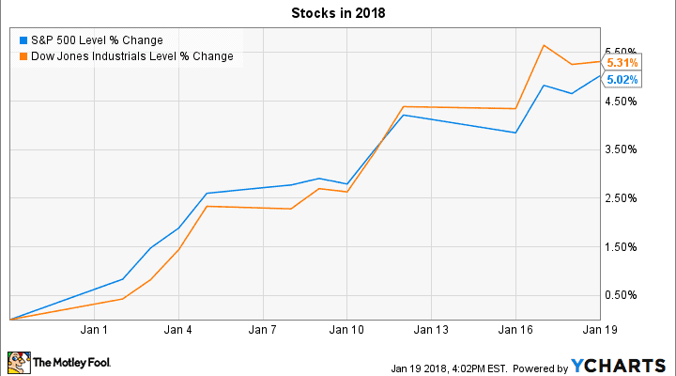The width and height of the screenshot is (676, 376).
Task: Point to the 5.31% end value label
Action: click(622, 63)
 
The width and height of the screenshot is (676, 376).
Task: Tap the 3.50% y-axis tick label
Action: click(622, 150)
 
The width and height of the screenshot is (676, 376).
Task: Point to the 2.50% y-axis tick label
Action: click(622, 198)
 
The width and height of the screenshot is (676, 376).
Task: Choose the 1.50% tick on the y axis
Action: click(622, 247)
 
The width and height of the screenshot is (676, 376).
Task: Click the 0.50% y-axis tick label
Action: click(622, 295)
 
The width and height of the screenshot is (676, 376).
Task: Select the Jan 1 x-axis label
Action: click(94, 331)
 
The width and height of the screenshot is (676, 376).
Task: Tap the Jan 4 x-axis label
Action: click(178, 331)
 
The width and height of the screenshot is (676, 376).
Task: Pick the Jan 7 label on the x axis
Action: click(263, 331)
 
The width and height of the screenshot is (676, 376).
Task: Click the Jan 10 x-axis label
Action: click(346, 331)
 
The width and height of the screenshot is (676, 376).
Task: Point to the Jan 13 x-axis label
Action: click(431, 331)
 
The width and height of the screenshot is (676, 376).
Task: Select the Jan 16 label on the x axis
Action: click(515, 331)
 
